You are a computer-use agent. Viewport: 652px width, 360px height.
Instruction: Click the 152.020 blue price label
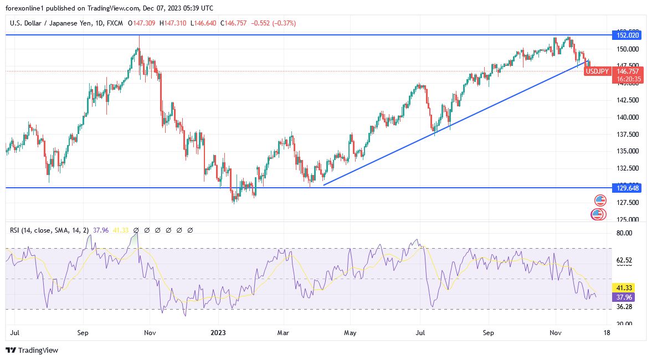click(x=626, y=35)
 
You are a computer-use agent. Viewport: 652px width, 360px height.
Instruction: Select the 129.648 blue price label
click(x=626, y=188)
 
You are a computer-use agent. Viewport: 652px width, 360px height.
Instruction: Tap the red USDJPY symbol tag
click(x=598, y=71)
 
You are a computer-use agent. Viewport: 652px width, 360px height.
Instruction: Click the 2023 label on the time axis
click(x=218, y=333)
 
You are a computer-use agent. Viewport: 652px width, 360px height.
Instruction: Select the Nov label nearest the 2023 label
click(x=150, y=333)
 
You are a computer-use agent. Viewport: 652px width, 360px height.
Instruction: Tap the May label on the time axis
click(x=351, y=333)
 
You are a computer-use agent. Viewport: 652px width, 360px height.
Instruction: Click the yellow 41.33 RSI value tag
click(x=624, y=288)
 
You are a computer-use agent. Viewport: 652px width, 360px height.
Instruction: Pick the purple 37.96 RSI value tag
click(x=624, y=296)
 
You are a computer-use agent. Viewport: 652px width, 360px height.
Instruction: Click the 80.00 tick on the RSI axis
click(x=624, y=233)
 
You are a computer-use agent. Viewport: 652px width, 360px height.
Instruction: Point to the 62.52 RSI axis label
click(x=624, y=260)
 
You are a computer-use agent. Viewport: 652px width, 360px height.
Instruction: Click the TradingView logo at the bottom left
click(x=32, y=350)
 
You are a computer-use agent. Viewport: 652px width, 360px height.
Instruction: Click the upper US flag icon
click(x=600, y=200)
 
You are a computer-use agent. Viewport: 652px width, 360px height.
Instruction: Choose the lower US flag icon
click(x=598, y=214)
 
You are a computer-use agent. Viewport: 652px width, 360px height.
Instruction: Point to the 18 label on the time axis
click(x=607, y=333)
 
